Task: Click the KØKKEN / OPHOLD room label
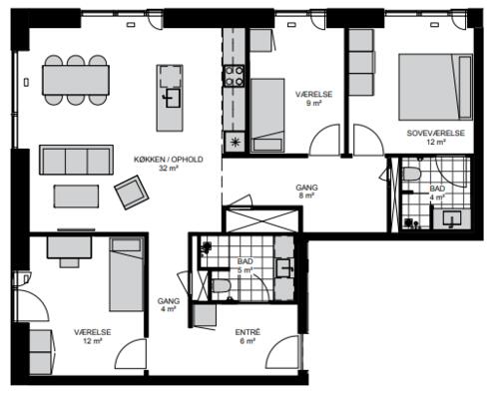tap(169, 160)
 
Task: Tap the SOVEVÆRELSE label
tap(436, 133)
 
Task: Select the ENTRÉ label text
tap(248, 332)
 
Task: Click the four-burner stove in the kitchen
tap(234, 76)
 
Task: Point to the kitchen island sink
tap(173, 98)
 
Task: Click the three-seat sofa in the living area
tap(76, 160)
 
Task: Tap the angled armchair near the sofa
tap(132, 193)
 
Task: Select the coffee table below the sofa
tap(76, 197)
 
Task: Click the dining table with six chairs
tap(76, 80)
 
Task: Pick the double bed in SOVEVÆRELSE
tap(435, 87)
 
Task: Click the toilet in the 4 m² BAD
tap(411, 174)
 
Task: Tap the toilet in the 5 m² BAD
tap(222, 285)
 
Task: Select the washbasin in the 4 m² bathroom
tap(452, 218)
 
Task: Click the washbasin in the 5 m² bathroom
tap(284, 268)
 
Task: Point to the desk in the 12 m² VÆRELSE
tap(69, 247)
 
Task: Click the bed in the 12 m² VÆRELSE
tap(127, 274)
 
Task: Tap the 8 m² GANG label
tap(306, 192)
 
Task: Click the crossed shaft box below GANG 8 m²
tap(263, 219)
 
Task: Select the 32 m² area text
tap(169, 169)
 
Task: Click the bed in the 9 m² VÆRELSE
tap(267, 116)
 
